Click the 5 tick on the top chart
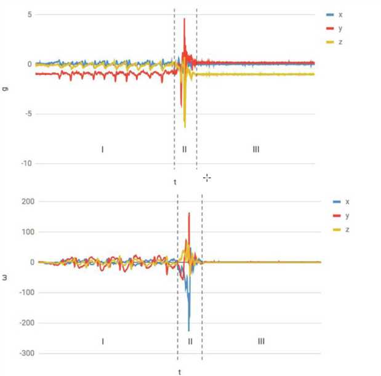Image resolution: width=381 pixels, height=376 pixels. (30, 14)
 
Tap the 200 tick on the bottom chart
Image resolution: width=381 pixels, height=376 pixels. (26, 202)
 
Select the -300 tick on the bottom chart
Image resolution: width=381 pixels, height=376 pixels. (25, 354)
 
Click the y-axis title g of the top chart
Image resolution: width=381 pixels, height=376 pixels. (6, 89)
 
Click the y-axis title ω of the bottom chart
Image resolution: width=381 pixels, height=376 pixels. (6, 278)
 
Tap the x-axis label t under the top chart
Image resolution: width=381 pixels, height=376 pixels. (175, 182)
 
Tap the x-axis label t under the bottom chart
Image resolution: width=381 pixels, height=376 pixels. (180, 372)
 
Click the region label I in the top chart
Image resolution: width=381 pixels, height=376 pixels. (102, 150)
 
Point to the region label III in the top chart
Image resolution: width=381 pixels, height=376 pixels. (256, 150)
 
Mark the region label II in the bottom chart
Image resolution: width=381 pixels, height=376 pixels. (190, 341)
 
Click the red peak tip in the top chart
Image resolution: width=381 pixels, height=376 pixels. (184, 19)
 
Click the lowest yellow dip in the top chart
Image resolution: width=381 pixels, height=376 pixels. (185, 127)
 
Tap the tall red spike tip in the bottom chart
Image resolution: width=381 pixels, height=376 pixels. (189, 214)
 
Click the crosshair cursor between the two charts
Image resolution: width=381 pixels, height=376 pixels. (207, 178)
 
